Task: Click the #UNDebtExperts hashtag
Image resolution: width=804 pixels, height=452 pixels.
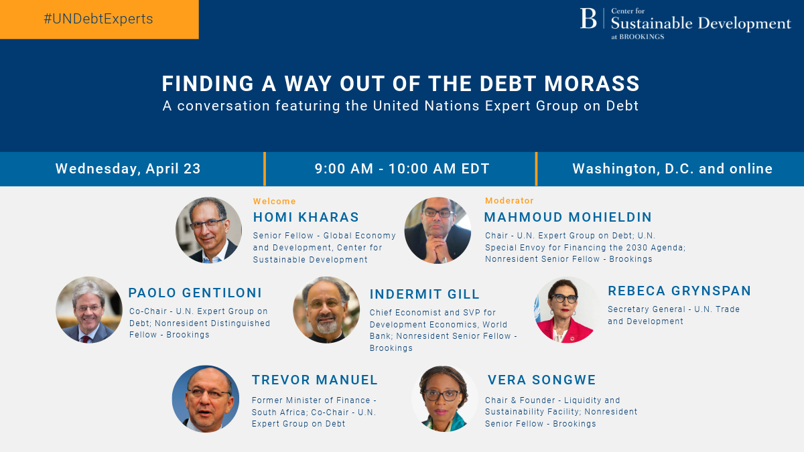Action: pos(98,19)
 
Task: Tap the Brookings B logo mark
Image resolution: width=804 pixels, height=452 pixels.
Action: pos(588,19)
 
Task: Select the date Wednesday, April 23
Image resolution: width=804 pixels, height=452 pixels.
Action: pos(128,169)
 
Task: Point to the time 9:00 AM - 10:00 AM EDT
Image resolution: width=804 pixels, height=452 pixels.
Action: pos(402,169)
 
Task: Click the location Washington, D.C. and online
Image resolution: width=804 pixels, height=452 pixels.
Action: pos(672,169)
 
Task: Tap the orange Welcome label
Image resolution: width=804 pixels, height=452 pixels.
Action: pos(274,201)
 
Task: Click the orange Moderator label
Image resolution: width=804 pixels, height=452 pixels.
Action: pos(509,200)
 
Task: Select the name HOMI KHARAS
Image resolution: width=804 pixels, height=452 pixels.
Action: pos(306,217)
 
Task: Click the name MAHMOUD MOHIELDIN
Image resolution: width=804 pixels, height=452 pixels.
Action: pos(567,217)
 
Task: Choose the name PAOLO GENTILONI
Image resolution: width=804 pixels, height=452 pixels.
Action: pos(195,293)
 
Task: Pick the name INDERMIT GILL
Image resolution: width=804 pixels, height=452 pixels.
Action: pos(425,294)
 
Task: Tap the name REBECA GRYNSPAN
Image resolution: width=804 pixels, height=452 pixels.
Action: pos(679,291)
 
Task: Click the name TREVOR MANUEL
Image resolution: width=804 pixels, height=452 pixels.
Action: pos(315,380)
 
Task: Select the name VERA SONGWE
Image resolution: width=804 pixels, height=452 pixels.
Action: pos(541,380)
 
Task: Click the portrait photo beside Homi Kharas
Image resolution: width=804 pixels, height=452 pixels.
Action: pos(208,230)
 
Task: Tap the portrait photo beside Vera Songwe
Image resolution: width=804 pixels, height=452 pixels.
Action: pos(444,398)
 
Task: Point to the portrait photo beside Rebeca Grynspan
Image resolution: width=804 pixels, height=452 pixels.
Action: pos(567,310)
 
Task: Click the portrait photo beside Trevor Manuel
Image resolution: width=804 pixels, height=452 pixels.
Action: pos(206,398)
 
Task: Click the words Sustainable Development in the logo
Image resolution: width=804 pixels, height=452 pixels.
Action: pos(701,23)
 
